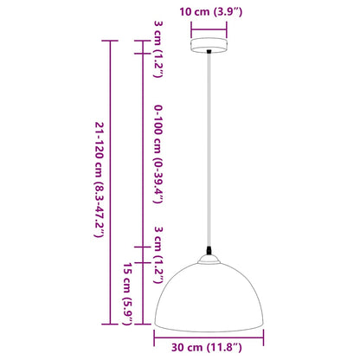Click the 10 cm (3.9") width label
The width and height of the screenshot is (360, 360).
point(210,13)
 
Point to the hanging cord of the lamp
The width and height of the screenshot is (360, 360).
point(210,156)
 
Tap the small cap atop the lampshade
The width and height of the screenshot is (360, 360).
point(210,258)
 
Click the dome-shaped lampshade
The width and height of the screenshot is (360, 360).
point(210,294)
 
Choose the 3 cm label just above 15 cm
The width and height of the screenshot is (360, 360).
point(158,246)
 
